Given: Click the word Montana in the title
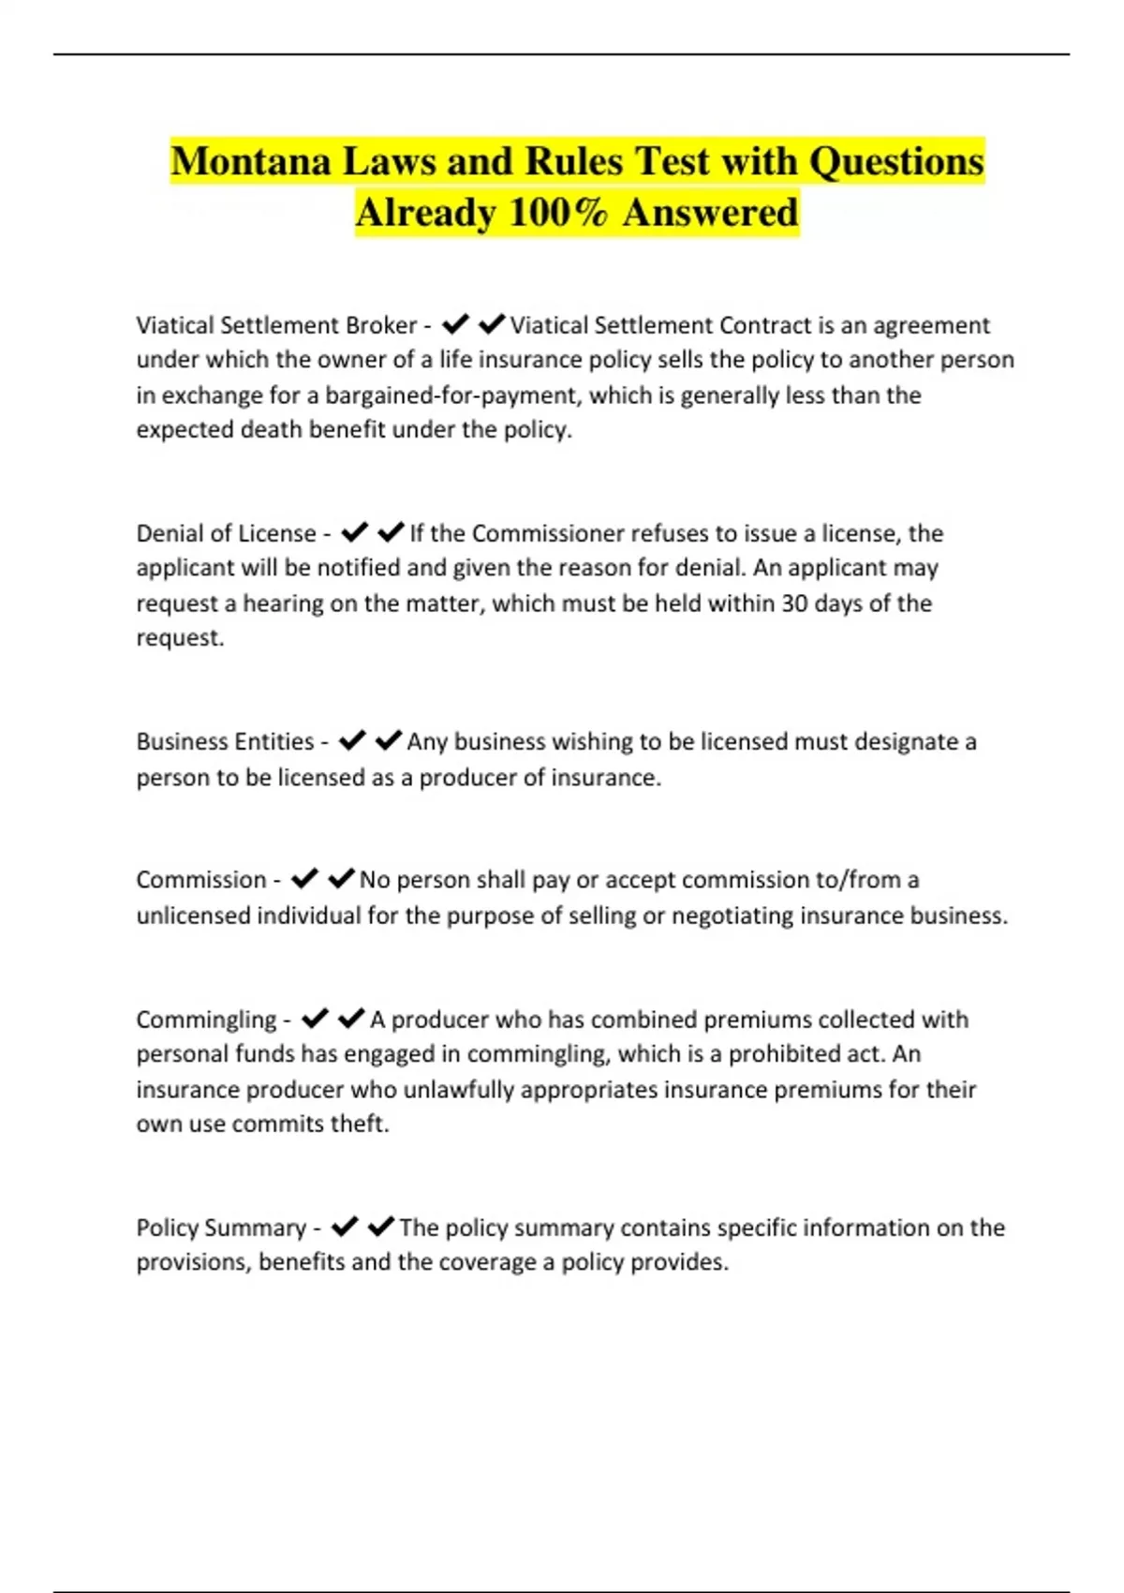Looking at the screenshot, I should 251,162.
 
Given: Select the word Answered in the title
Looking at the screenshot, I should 710,213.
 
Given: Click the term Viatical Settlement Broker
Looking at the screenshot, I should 276,325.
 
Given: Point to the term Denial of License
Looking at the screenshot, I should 226,533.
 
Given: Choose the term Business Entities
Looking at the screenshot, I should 225,741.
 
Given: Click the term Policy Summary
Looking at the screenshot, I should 221,1228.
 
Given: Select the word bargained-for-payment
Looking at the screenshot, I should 452,395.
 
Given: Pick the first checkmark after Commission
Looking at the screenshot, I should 304,879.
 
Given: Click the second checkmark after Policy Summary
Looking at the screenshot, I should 380,1227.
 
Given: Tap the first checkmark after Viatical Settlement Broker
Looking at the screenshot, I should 455,324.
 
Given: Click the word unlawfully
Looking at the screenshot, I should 459,1089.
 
